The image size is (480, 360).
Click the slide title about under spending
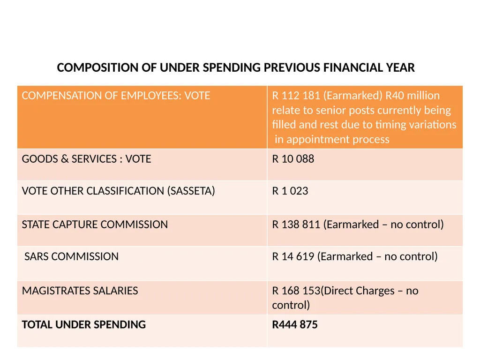click(236, 67)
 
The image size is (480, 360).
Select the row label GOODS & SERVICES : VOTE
click(86, 159)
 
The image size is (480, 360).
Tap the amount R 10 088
click(293, 159)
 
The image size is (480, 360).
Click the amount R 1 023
click(290, 191)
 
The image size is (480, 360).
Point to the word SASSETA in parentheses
click(191, 191)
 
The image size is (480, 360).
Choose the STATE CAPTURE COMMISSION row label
click(95, 225)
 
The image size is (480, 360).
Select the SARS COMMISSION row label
click(71, 256)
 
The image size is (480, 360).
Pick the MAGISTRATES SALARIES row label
click(80, 291)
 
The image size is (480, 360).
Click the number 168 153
click(300, 291)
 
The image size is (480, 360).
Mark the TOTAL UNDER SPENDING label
click(84, 324)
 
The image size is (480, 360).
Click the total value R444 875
click(295, 324)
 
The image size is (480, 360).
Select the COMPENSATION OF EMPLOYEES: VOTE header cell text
click(116, 96)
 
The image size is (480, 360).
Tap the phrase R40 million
click(412, 96)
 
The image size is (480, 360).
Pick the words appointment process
click(338, 140)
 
